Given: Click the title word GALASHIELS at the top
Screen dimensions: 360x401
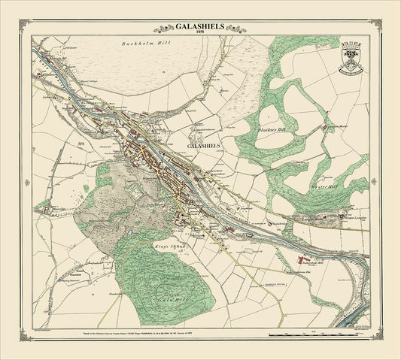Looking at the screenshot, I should [200, 23].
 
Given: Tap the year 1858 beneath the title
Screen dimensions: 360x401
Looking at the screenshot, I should [200, 32].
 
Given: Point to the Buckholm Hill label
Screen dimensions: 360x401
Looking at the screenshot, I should [144, 45].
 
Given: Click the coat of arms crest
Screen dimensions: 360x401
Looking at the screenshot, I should [351, 60].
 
